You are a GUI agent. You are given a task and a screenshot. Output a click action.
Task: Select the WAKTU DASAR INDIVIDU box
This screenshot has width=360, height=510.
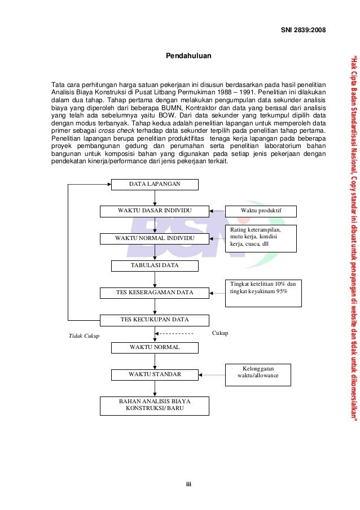[x=154, y=211]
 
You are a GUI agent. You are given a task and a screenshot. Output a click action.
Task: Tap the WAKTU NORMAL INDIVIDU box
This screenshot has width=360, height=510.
[x=154, y=238]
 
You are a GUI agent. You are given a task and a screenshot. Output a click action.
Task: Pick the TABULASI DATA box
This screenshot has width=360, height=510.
[x=154, y=265]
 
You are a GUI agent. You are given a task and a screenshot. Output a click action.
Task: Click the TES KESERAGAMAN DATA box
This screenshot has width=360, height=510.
[x=154, y=293]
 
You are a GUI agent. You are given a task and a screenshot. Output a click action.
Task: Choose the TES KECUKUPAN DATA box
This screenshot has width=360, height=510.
[x=154, y=320]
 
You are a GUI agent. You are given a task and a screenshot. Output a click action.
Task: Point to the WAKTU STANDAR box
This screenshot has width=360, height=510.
[x=155, y=374]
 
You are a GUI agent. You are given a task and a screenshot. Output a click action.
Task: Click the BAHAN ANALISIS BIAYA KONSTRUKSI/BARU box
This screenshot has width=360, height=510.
[x=155, y=405]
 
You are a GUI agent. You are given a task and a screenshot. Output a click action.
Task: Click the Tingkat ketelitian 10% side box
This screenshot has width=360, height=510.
[x=263, y=293]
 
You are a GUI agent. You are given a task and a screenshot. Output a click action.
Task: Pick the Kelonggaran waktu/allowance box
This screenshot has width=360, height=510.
[x=258, y=374]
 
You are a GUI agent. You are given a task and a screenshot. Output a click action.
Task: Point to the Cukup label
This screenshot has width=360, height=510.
[x=220, y=333]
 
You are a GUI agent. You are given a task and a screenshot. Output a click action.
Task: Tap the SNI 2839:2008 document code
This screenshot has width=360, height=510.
[x=304, y=30]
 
